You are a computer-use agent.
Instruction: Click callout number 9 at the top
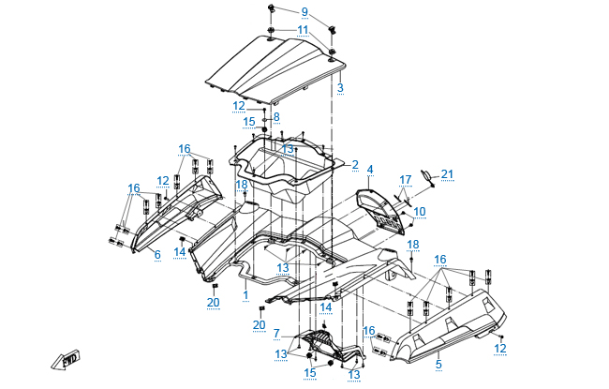pos(304,11)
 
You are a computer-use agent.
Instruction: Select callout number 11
pos(303,30)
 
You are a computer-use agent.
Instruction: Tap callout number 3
pos(340,88)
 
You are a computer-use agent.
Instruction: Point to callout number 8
pos(275,117)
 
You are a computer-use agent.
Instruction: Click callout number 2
pos(355,165)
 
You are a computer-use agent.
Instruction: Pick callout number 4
pos(370,170)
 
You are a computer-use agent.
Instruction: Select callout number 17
pos(406,179)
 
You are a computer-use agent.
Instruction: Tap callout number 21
pos(447,174)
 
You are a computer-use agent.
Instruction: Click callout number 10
pos(420,211)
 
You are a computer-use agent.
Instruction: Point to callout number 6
pos(156,255)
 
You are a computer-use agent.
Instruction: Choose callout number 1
pos(245,294)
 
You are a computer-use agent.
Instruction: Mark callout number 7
pos(276,333)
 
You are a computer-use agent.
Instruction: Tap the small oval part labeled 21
pos(424,174)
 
